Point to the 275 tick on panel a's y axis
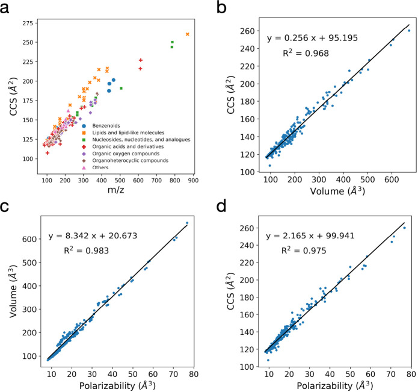(28, 23)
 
